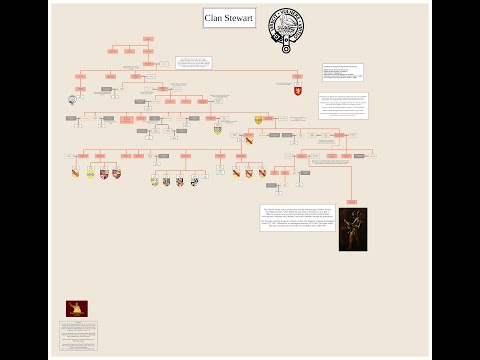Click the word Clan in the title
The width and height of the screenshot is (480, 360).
pyautogui.click(x=217, y=18)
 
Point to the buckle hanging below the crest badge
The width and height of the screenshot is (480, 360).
pyautogui.click(x=286, y=48)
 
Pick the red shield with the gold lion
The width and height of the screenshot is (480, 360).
pyautogui.click(x=297, y=92)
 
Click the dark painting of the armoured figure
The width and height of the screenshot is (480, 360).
pyautogui.click(x=352, y=228)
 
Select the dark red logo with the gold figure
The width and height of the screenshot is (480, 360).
pyautogui.click(x=76, y=309)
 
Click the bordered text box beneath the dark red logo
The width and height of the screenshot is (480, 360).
pyautogui.click(x=78, y=334)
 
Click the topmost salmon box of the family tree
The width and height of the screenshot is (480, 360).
pyautogui.click(x=148, y=39)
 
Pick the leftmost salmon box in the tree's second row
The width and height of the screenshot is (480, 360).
pyautogui.click(x=113, y=51)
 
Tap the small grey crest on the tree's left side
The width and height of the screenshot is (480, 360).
pyautogui.click(x=72, y=99)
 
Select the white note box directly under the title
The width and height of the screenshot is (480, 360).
pyautogui.click(x=193, y=63)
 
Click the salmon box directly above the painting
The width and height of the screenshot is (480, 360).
pyautogui.click(x=351, y=173)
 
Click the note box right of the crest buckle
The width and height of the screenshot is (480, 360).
pyautogui.click(x=342, y=72)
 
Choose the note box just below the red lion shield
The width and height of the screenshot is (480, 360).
pyautogui.click(x=343, y=106)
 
